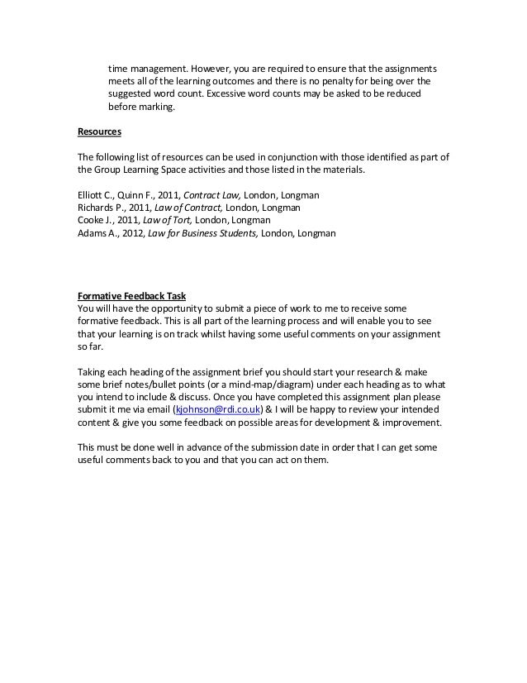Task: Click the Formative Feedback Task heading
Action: click(131, 295)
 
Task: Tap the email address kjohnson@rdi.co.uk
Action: click(217, 409)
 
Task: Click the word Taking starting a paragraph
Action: click(92, 370)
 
